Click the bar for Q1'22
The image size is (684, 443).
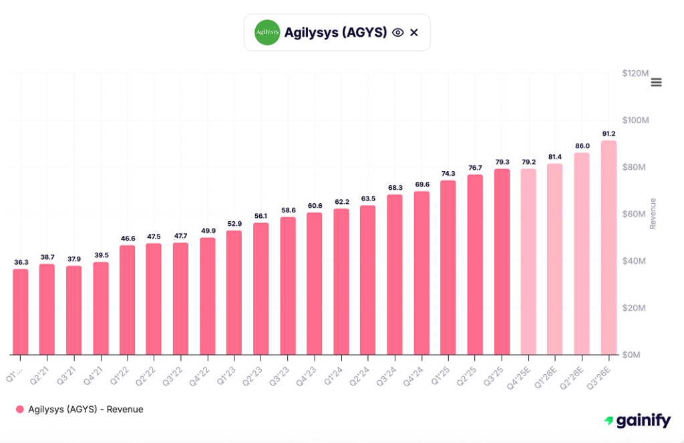128,301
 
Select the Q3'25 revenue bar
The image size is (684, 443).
502,262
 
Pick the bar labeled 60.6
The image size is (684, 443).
315,284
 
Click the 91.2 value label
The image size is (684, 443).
609,134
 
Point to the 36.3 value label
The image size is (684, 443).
21,262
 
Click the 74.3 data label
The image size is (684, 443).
448,173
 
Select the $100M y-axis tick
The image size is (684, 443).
635,120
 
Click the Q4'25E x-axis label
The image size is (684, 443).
523,373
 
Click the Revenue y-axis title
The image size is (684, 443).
653,214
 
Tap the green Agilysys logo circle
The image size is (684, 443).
267,32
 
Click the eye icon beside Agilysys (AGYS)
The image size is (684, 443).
398,32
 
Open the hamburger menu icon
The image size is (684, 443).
656,82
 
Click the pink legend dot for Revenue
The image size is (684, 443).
20,409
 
